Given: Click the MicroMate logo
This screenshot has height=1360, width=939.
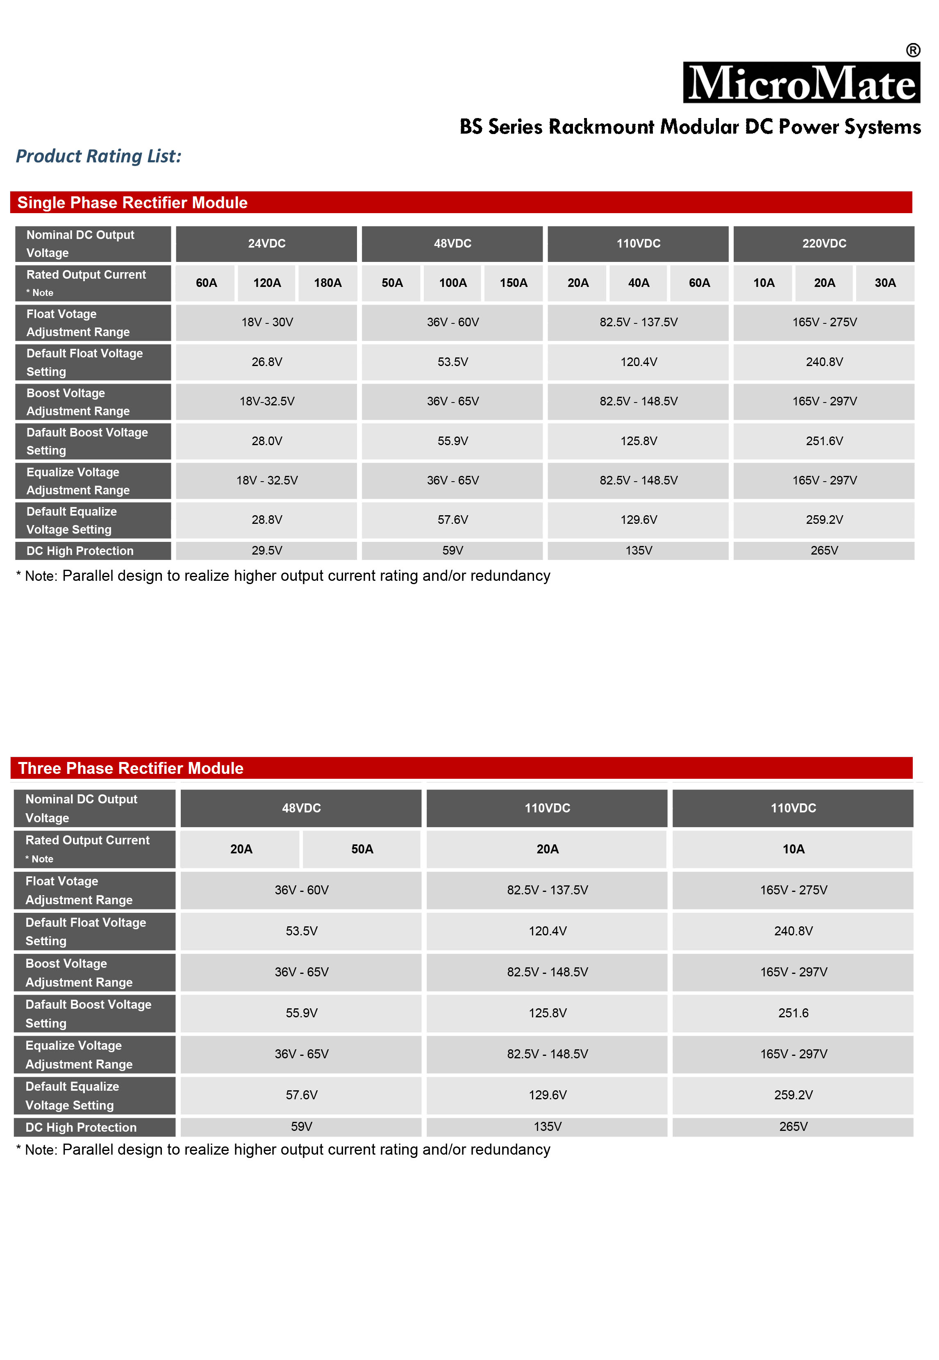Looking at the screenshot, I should pyautogui.click(x=801, y=83).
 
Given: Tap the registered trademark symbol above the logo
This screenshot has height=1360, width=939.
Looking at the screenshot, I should pyautogui.click(x=912, y=50).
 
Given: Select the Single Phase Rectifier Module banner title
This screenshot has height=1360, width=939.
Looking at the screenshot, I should pyautogui.click(x=132, y=202).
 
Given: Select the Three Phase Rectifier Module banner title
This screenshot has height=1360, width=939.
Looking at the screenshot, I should pyautogui.click(x=131, y=768).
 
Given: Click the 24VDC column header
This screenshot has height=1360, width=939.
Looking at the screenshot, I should pyautogui.click(x=266, y=243).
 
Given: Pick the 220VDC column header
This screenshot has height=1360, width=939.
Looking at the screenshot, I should pyautogui.click(x=824, y=243).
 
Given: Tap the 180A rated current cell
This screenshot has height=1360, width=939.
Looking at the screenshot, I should pyautogui.click(x=328, y=283).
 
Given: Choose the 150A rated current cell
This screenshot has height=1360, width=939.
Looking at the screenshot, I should pyautogui.click(x=514, y=283).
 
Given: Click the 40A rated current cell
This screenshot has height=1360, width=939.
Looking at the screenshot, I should pyautogui.click(x=638, y=283).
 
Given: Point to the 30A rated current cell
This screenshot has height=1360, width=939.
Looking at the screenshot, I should pyautogui.click(x=885, y=283).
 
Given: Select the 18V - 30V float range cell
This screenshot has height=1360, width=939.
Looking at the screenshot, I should pyautogui.click(x=266, y=322).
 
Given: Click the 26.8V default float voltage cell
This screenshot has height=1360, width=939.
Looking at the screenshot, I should pyautogui.click(x=266, y=362).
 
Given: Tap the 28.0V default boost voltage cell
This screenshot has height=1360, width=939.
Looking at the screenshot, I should pyautogui.click(x=266, y=441).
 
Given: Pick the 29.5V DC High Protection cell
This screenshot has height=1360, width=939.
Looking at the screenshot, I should pyautogui.click(x=266, y=550).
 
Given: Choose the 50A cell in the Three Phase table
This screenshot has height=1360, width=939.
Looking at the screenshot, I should pyautogui.click(x=362, y=849).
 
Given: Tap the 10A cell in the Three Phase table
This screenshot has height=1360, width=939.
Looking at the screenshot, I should pyautogui.click(x=793, y=849).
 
